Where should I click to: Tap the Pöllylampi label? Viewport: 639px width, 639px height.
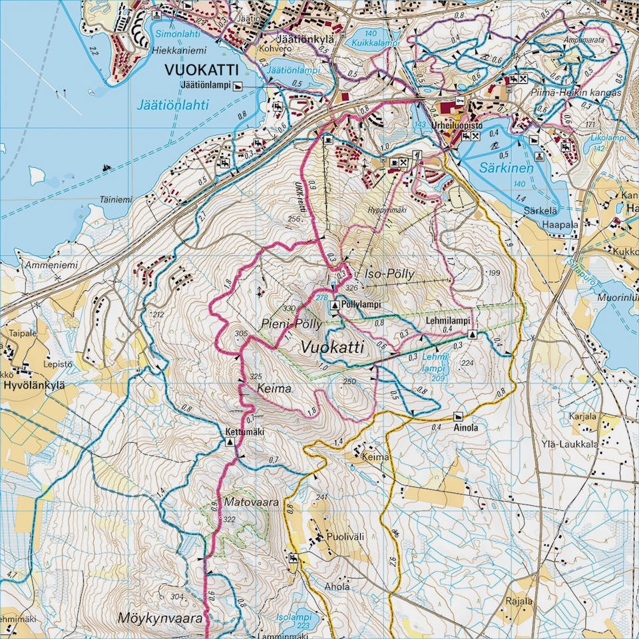coord(362,304)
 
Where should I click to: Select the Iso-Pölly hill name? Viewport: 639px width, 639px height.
coord(390,274)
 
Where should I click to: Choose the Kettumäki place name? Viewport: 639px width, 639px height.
coord(245,431)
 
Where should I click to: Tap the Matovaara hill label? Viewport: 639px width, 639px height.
coord(251,503)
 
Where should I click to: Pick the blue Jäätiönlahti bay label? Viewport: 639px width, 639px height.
coord(173,105)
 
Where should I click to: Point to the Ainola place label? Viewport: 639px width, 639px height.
coord(466,428)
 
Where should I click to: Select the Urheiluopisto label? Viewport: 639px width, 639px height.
coord(475,124)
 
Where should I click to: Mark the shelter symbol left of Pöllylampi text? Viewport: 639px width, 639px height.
coord(335,305)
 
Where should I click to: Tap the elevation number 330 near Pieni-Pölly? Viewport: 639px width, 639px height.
coord(289,308)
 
